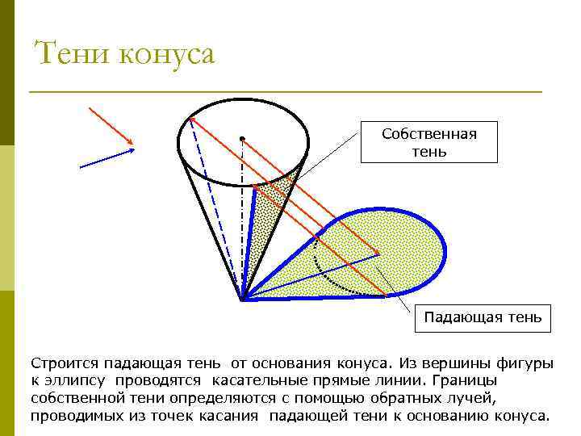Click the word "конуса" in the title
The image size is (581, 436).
[167, 55]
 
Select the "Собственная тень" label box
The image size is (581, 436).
[429, 143]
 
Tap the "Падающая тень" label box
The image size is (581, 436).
[483, 317]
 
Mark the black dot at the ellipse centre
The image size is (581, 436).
[241, 139]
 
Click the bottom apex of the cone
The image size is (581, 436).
[242, 300]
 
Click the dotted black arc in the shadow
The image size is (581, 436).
[331, 279]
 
